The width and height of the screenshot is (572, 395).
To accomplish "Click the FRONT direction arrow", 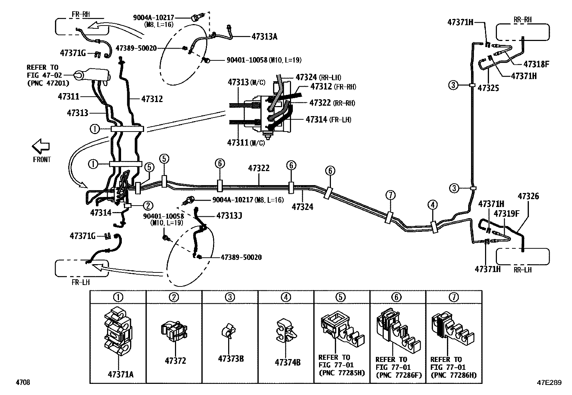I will tap(41, 146).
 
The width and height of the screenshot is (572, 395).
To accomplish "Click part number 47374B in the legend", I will tap(287, 362).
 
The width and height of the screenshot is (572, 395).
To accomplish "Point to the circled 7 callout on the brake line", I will tap(391, 195).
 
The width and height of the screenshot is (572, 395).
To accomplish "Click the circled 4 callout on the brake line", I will tap(433, 205).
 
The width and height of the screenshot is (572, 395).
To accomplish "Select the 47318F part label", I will tap(536, 64).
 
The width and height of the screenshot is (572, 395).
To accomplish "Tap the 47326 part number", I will tap(528, 197).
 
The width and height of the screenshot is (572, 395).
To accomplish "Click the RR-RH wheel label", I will tap(522, 20).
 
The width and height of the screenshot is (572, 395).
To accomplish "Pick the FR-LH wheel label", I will tap(80, 282).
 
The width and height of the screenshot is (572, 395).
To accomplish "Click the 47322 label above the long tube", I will tap(259, 168).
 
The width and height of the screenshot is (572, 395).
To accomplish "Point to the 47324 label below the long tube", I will tap(302, 207).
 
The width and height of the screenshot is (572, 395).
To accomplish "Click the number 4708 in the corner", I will tap(23, 382).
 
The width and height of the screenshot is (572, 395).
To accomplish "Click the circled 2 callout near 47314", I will tap(148, 206).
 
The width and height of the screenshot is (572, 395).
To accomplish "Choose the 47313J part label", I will tap(229, 216).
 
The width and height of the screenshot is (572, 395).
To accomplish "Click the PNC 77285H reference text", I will tap(341, 373).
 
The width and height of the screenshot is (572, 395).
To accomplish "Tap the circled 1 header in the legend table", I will tap(118, 297).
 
